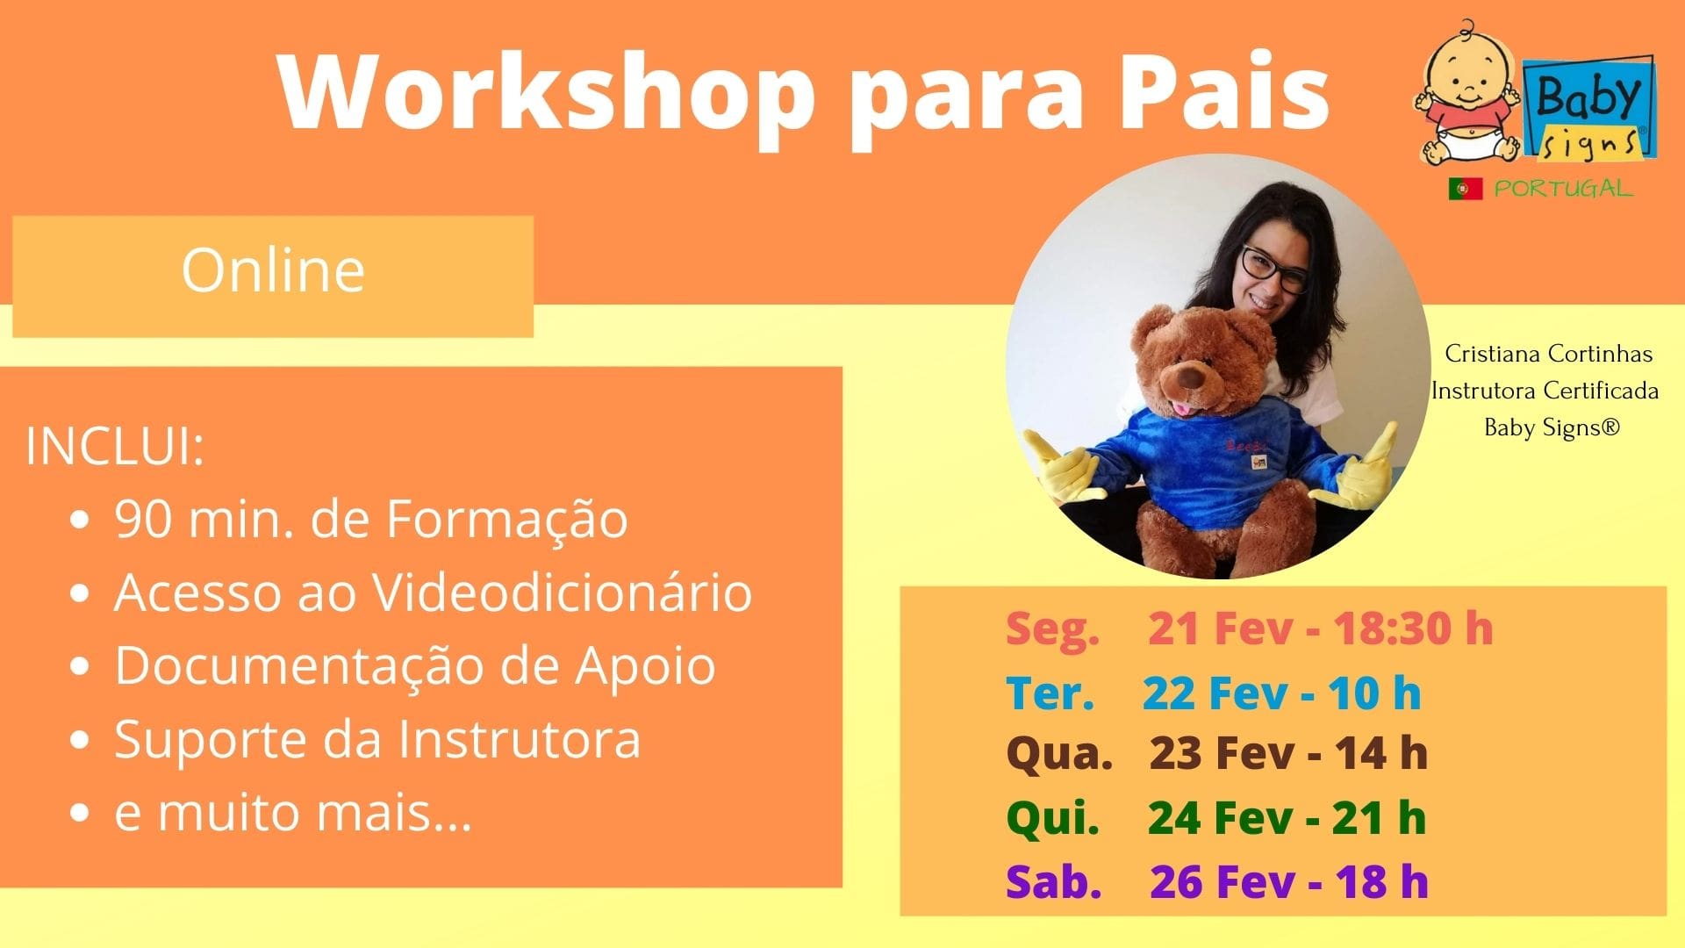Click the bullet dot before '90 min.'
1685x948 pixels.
pyautogui.click(x=81, y=521)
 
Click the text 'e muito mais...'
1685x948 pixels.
pyautogui.click(x=293, y=812)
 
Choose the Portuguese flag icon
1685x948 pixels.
pyautogui.click(x=1466, y=189)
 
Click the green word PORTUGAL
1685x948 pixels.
pyautogui.click(x=1564, y=189)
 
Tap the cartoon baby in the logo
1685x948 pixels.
pyautogui.click(x=1467, y=95)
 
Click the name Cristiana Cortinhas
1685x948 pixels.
pyautogui.click(x=1549, y=354)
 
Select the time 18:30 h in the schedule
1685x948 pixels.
pyautogui.click(x=1413, y=628)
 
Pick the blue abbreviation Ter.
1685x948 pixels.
pyautogui.click(x=1050, y=693)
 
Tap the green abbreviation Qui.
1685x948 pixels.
pyautogui.click(x=1053, y=818)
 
